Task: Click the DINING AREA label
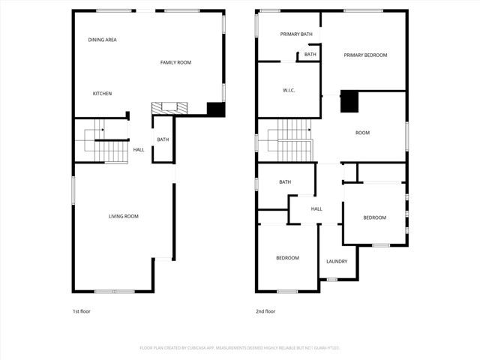click(x=102, y=40)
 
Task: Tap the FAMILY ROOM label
click(x=175, y=62)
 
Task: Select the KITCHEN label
click(x=102, y=94)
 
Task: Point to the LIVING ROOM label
click(x=124, y=217)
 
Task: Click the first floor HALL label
click(x=139, y=150)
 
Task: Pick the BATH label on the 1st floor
click(x=163, y=139)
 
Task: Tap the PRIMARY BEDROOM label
click(x=365, y=55)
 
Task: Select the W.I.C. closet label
click(x=289, y=91)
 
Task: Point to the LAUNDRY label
click(x=337, y=261)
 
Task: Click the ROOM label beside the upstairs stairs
click(x=362, y=133)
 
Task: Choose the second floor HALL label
click(x=316, y=208)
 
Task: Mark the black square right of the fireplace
click(x=216, y=109)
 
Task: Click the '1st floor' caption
click(x=81, y=311)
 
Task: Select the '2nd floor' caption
click(x=266, y=311)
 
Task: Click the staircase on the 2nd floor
click(x=295, y=139)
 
